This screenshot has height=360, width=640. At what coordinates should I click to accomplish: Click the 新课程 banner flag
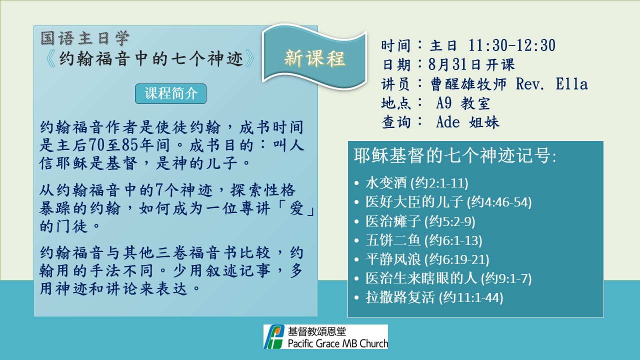[314, 57]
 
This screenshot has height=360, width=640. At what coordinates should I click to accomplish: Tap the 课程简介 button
[170, 93]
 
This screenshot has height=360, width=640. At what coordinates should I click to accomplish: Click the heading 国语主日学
[85, 38]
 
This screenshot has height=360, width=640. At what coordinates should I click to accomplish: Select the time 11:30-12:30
[511, 45]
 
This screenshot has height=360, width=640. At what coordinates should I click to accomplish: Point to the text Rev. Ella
[551, 84]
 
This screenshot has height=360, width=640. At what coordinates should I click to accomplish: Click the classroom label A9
[443, 103]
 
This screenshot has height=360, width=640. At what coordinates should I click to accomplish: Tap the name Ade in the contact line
[447, 122]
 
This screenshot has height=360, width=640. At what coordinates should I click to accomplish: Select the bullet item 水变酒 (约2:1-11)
[417, 183]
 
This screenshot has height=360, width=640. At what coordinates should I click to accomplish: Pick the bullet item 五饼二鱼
[392, 240]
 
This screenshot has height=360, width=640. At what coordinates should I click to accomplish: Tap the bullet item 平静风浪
[392, 259]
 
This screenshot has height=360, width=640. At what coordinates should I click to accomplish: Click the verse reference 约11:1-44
[471, 297]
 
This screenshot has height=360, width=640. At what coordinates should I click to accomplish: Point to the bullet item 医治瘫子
[392, 221]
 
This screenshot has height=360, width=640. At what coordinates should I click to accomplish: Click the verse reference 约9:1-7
[506, 278]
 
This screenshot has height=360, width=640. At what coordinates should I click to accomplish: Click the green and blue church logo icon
[273, 336]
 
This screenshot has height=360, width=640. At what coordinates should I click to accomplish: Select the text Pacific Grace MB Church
[337, 343]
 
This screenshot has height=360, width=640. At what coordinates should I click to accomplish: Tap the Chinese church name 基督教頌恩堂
[316, 331]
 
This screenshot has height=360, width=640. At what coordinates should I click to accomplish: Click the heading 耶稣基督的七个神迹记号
[455, 155]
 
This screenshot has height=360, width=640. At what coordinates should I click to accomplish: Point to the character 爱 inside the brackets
[296, 208]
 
